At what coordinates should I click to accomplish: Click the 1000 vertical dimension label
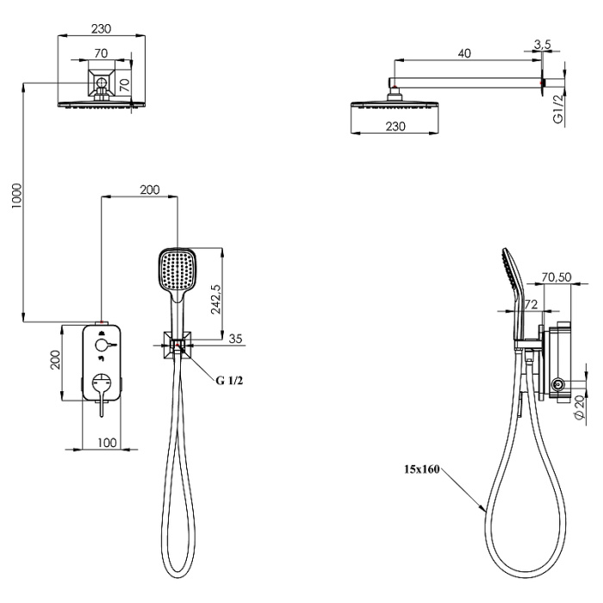coord(17,196)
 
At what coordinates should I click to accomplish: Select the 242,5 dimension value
coord(216,300)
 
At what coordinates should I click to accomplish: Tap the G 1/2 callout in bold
coord(229,381)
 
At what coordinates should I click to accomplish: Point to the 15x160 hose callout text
coord(422,469)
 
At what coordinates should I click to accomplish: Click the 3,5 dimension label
coord(542,45)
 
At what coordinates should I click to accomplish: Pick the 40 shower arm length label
coord(464,53)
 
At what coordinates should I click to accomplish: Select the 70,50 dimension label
coord(556,277)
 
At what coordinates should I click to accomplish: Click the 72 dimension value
coord(531,305)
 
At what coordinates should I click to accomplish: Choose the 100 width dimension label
coord(107,443)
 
